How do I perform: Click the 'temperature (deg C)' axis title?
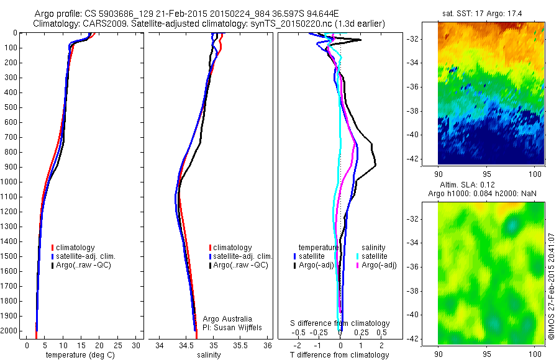(x=79, y=355)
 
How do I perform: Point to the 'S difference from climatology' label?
(x=340, y=323)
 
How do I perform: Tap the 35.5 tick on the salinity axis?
(x=240, y=345)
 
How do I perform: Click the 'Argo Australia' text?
(x=227, y=319)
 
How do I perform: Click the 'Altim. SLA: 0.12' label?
(x=491, y=186)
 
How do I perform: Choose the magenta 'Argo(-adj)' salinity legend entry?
(x=380, y=265)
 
